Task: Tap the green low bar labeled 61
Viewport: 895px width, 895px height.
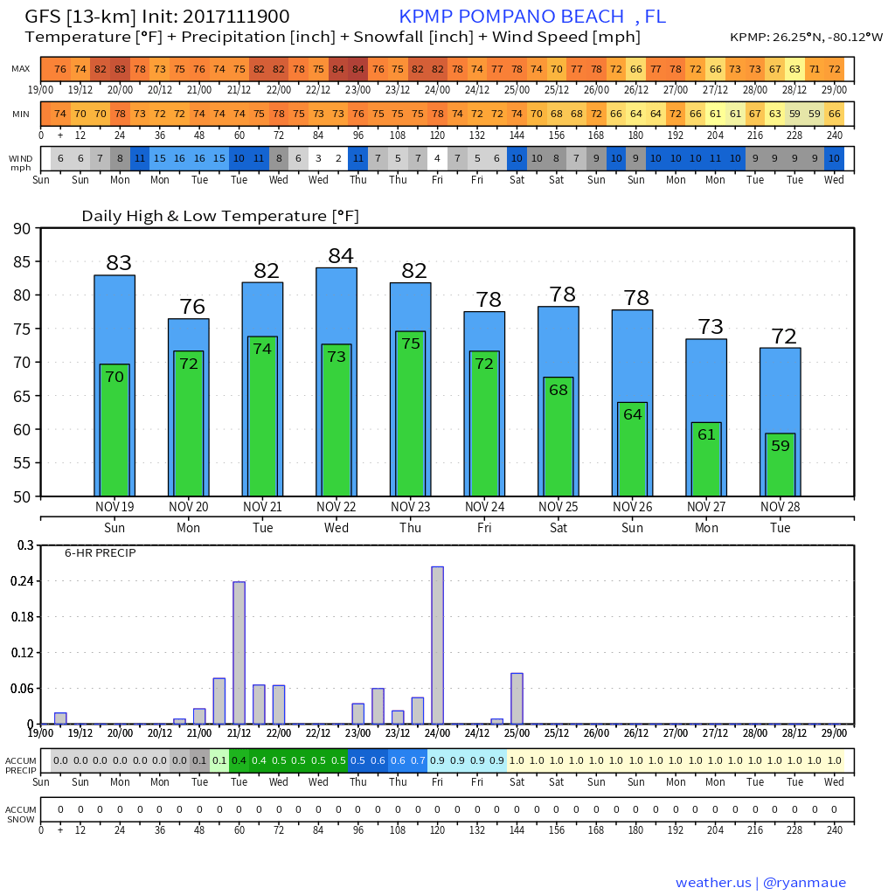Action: point(706,459)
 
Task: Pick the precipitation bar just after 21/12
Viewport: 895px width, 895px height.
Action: point(239,652)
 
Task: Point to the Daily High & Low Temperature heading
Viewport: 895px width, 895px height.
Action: point(220,216)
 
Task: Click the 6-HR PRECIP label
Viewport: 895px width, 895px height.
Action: point(100,553)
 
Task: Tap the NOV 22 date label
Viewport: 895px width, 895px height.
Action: point(336,507)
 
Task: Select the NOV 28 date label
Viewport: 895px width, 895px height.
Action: point(780,507)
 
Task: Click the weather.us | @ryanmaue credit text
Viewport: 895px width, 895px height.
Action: point(760,883)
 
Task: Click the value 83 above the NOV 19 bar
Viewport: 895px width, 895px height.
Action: point(119,263)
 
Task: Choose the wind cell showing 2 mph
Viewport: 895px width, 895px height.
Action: point(338,158)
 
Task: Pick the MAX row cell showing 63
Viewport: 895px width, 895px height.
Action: point(794,69)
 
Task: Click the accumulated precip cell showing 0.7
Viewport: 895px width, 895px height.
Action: point(418,760)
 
